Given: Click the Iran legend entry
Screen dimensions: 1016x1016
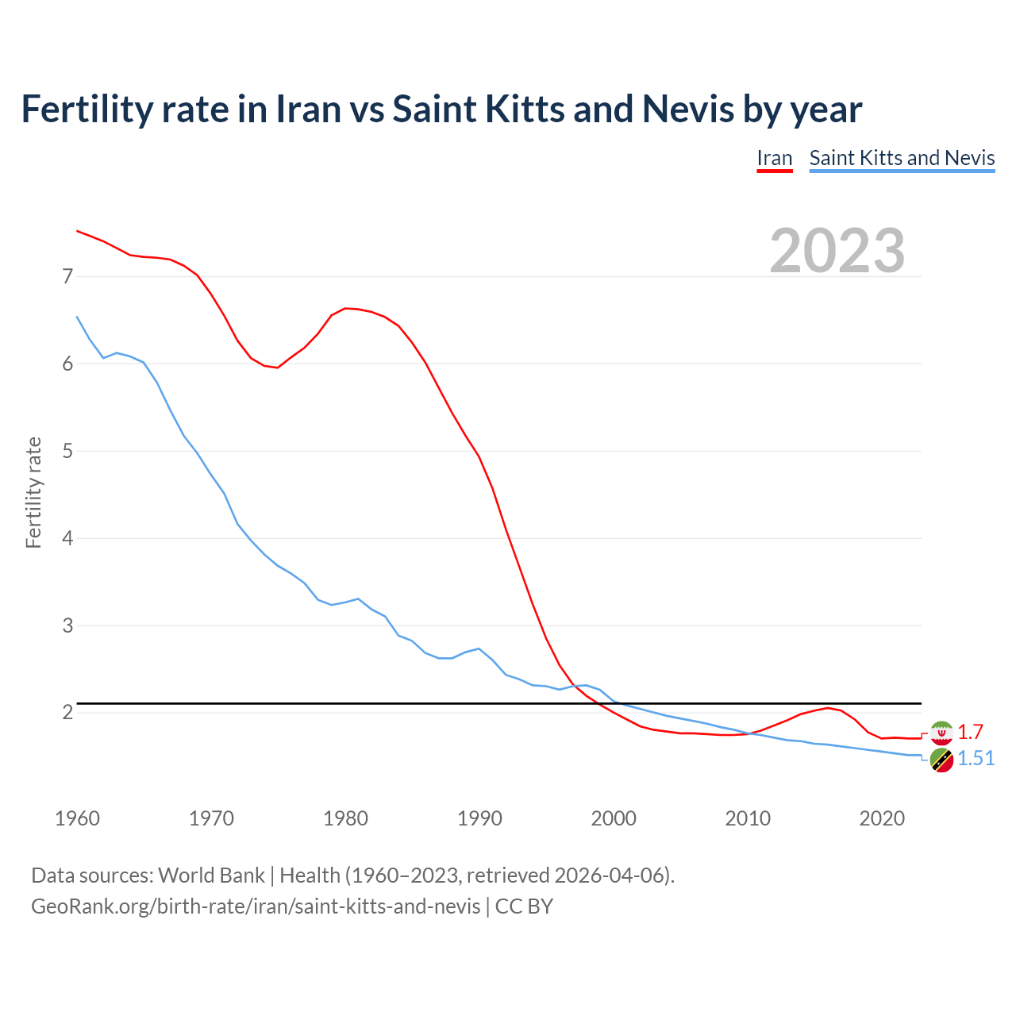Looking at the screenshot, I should (774, 158).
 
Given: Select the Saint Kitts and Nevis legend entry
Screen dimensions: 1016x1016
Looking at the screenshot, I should (902, 158).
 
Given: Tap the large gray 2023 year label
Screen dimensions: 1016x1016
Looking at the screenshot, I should (837, 251).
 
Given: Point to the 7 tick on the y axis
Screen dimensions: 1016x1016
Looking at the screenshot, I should (67, 277).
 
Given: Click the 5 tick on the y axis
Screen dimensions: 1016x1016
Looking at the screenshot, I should (67, 452).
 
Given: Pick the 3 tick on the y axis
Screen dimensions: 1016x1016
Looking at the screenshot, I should (67, 625).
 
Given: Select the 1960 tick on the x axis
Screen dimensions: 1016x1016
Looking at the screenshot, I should (77, 818).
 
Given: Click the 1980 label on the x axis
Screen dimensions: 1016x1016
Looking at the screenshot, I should (345, 818).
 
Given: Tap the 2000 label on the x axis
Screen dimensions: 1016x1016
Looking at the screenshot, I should (614, 818).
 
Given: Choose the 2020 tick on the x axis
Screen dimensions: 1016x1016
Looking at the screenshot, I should (882, 818).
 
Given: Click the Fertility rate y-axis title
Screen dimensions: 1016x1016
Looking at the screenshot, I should (33, 492).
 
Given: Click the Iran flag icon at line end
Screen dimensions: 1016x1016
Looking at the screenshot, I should (941, 733).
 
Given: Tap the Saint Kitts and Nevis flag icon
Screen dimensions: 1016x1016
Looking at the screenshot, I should (941, 760).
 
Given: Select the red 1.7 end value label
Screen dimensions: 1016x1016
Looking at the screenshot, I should (970, 732).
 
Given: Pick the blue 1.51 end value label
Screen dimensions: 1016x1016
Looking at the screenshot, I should (976, 759).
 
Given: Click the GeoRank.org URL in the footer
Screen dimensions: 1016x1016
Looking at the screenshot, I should (256, 906).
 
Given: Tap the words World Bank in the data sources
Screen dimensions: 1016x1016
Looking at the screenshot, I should (211, 876).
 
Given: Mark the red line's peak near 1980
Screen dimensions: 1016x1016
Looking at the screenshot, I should (345, 308).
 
